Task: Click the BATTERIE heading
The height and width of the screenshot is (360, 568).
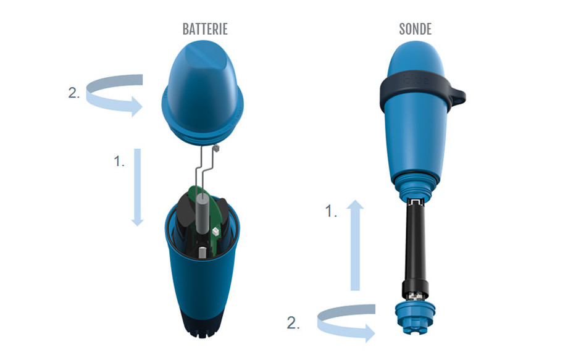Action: pyautogui.click(x=205, y=30)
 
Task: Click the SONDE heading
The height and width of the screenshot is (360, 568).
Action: pyautogui.click(x=415, y=30)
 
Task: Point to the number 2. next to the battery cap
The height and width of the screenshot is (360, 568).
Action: pyautogui.click(x=73, y=94)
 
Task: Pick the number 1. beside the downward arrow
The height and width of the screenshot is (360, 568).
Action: pyautogui.click(x=119, y=162)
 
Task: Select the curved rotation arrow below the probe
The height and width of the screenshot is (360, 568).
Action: pyautogui.click(x=346, y=321)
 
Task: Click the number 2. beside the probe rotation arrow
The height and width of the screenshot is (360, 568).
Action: pyautogui.click(x=294, y=322)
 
